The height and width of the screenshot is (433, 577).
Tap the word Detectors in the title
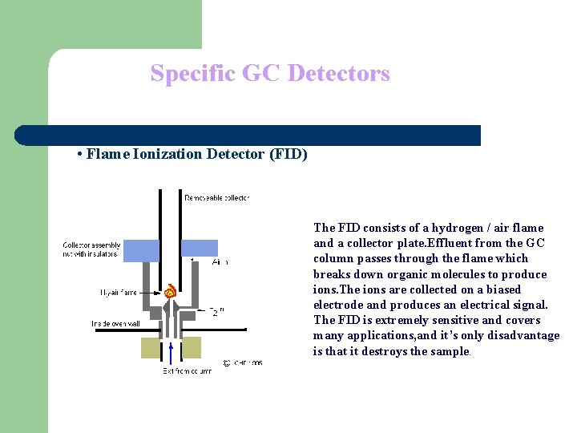338,74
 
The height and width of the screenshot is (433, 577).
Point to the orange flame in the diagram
170,292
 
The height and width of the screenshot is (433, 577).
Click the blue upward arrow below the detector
170,352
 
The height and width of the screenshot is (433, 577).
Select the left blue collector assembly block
139,250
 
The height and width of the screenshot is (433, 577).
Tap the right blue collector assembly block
200,248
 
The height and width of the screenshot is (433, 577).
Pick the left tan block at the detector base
151,347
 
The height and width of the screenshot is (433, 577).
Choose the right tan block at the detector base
191,347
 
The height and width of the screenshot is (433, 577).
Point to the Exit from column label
188,371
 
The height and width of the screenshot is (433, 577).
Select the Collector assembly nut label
90,249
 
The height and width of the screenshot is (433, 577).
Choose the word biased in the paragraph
502,289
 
